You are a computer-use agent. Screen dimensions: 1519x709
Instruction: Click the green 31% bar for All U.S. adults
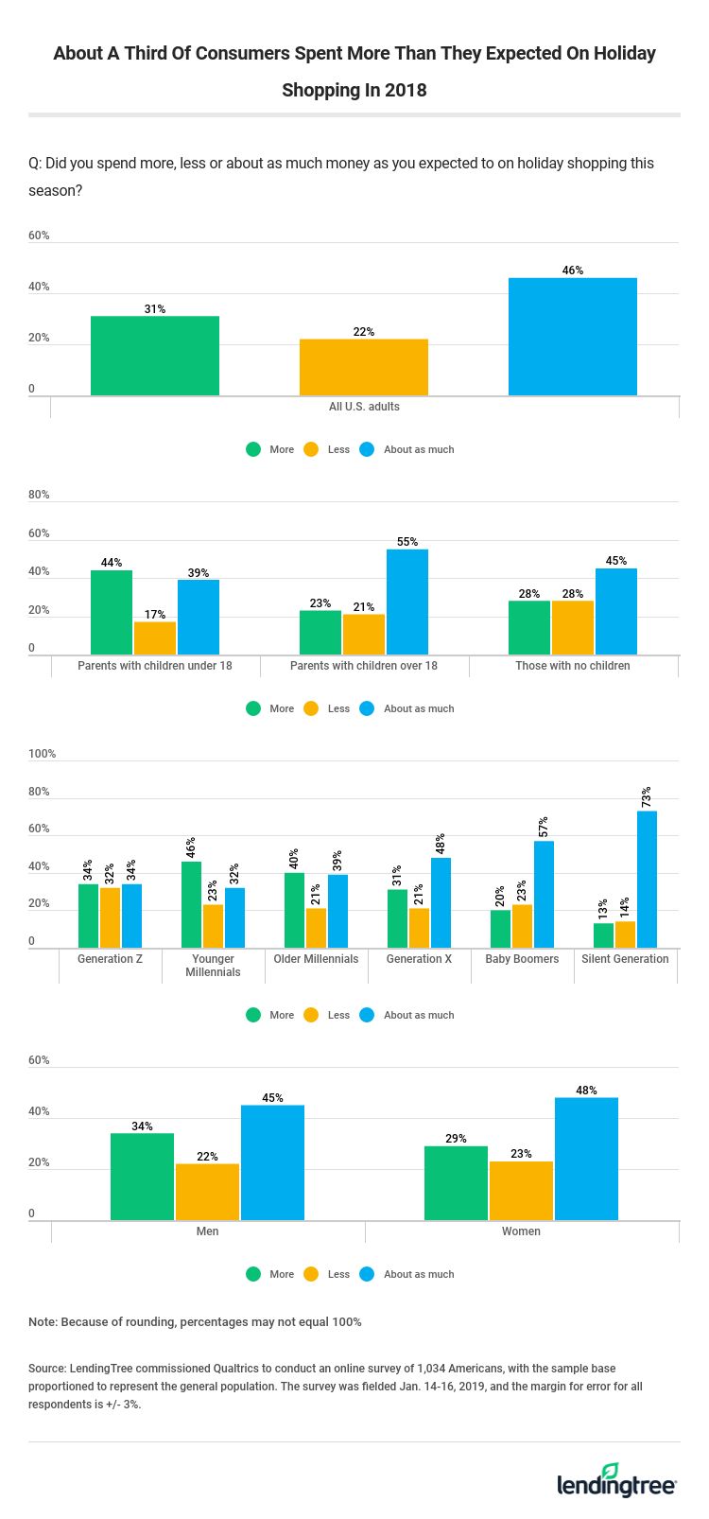pos(155,356)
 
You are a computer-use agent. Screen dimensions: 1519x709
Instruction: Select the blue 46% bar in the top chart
pos(572,337)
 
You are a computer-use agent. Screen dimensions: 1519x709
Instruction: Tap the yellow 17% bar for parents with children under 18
pos(155,637)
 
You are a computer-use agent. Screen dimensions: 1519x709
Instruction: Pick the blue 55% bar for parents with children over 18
pos(406,602)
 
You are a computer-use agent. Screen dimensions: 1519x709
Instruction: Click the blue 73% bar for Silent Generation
pos(647,879)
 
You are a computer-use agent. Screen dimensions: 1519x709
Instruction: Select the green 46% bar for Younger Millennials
pos(191,904)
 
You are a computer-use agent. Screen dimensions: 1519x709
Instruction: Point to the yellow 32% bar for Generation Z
pos(110,917)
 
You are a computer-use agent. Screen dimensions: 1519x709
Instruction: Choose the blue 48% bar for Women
pos(586,1159)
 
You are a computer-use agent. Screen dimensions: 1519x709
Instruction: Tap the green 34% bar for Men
pos(142,1177)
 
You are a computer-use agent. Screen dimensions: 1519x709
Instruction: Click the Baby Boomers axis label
pos(522,959)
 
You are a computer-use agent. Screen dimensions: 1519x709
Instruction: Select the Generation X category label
pos(419,959)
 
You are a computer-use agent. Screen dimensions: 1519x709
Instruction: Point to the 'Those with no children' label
pos(573,666)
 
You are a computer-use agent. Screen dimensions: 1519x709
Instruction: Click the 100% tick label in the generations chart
pos(43,754)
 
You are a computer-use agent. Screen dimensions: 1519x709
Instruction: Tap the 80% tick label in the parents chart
pos(39,495)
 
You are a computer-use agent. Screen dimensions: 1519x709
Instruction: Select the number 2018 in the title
pos(406,90)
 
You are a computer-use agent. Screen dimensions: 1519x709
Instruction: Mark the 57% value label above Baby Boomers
pos(544,827)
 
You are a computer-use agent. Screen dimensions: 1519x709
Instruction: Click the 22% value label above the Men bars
pos(207,1157)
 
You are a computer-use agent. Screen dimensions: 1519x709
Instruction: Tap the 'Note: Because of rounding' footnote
pos(195,1321)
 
